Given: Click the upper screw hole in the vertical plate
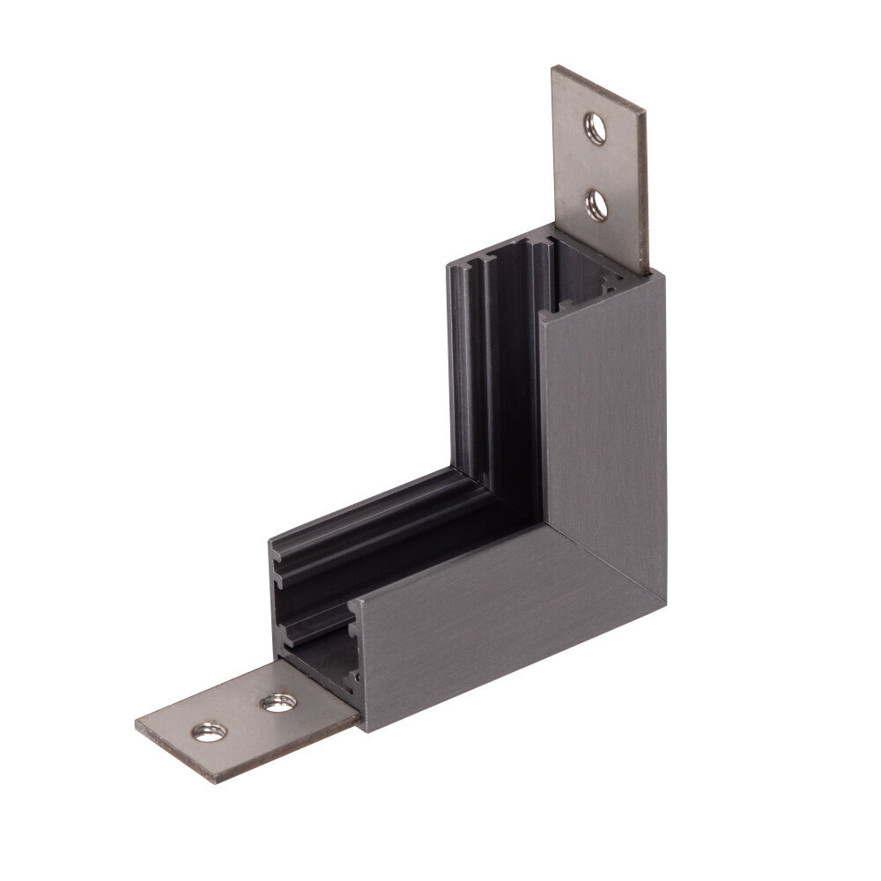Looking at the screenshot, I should [x=596, y=129].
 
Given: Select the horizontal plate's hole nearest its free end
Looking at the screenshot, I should [x=209, y=730].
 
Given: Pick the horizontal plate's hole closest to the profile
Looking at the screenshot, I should [x=278, y=702].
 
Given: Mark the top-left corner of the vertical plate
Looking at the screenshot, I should [x=554, y=67].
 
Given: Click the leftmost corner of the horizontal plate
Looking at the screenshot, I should [x=136, y=724].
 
